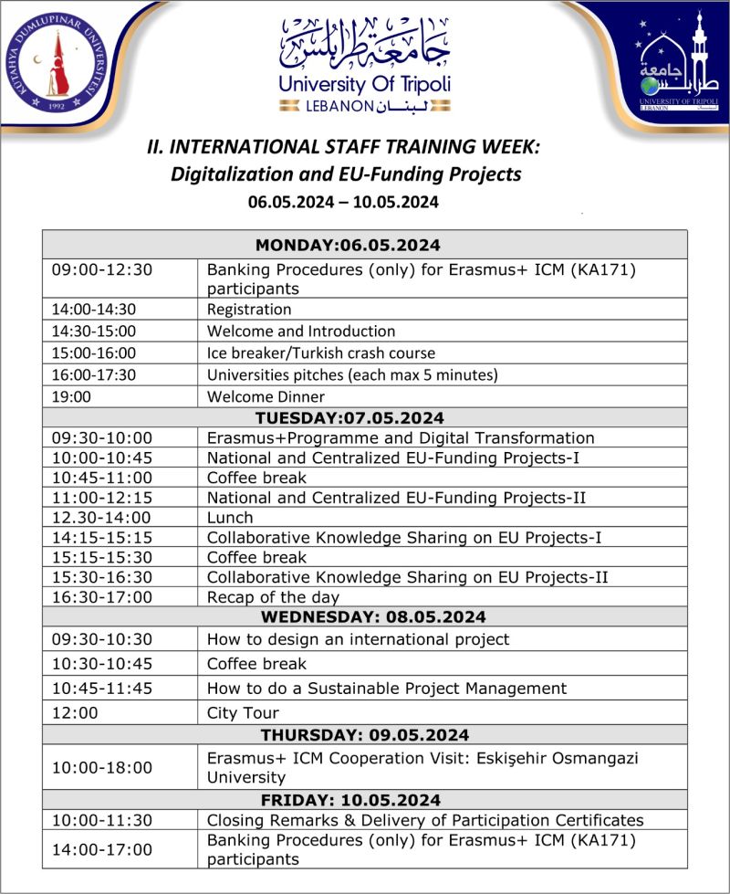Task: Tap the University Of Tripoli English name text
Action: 364,86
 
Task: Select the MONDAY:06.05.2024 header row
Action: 348,245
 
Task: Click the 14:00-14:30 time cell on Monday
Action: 94,310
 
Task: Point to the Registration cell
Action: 249,310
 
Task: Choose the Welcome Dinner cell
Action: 266,397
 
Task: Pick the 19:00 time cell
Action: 71,397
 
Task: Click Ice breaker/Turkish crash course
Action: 321,352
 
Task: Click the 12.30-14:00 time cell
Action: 94,517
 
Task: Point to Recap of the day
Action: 273,597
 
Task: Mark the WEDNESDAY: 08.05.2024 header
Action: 360,617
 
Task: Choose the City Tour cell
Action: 243,712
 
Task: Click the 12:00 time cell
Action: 71,712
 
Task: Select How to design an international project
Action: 358,639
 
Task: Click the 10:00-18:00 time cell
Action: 101,768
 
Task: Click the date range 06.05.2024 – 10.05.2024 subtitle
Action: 343,202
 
